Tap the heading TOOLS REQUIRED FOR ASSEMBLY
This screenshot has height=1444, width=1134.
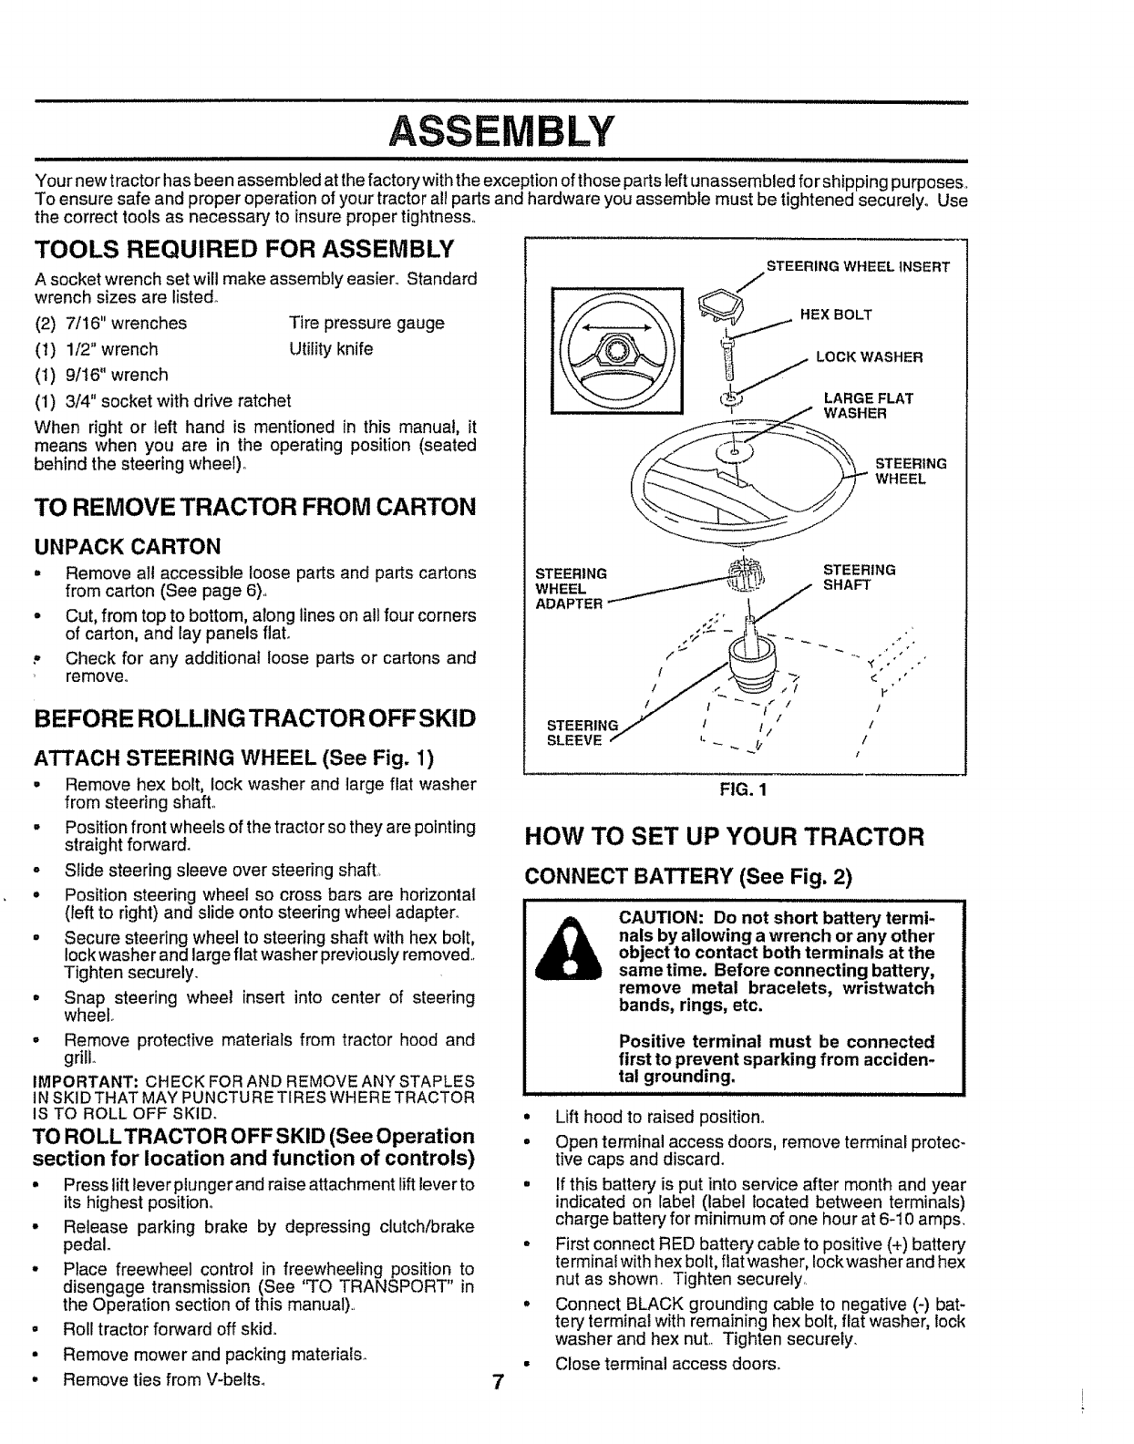point(243,249)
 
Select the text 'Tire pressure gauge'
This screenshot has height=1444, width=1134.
point(366,324)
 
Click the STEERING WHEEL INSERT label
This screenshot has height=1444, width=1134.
point(858,267)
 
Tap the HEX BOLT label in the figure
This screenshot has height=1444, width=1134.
point(835,315)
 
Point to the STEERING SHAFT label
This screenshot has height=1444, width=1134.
point(859,577)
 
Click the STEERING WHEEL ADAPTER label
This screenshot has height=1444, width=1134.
point(571,588)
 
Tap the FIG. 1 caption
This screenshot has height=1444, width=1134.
point(744,790)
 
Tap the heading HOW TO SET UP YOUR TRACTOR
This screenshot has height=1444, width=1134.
point(725,837)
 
